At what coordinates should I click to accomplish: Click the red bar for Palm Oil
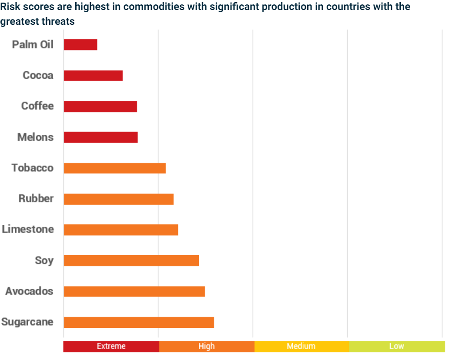(80, 44)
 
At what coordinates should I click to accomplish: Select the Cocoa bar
(93, 75)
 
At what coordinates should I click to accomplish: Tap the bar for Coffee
(101, 107)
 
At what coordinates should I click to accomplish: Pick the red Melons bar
(101, 137)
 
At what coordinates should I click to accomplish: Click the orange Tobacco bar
(115, 168)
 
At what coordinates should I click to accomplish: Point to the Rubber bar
(119, 199)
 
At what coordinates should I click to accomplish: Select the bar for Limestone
(121, 230)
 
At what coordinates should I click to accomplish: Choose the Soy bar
(131, 260)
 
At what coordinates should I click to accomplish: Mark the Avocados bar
(134, 291)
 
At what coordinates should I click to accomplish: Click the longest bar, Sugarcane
(139, 322)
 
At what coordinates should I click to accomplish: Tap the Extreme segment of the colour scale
(111, 347)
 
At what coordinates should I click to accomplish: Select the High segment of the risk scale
(207, 347)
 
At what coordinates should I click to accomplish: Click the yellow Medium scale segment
(302, 347)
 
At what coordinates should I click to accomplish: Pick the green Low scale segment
(397, 347)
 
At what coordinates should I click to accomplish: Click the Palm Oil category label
(33, 44)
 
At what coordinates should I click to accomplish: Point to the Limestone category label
(28, 229)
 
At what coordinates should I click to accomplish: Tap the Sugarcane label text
(27, 322)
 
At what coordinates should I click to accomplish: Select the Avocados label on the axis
(29, 291)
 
